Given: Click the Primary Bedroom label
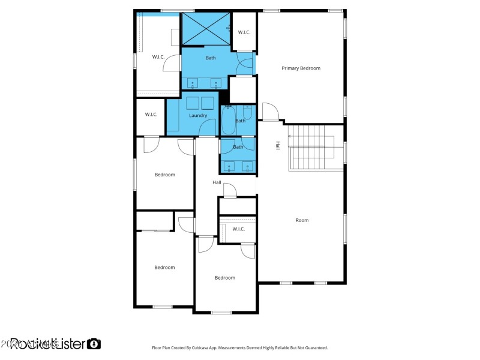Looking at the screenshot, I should tap(301, 68).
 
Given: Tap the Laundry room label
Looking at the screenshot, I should tap(198, 116).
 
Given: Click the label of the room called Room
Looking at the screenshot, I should tap(302, 220).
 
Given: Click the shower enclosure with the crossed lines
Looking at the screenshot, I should tap(206, 28).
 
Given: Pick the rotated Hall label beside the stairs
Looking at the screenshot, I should tap(278, 146).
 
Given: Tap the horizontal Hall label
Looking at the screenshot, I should tap(217, 182).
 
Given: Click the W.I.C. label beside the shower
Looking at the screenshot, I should tap(244, 32).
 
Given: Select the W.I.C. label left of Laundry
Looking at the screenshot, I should tap(151, 115).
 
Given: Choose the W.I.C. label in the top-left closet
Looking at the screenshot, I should tap(158, 57).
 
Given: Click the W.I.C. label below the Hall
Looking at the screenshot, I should tap(238, 229).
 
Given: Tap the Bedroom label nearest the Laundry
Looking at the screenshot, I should tap(164, 175).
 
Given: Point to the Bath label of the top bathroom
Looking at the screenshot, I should tap(211, 58).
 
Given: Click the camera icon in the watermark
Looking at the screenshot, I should tap(94, 344).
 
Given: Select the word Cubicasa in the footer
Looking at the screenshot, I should tap(220, 347).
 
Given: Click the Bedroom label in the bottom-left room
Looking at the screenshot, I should tap(164, 268).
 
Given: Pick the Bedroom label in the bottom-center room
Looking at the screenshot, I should tap(225, 278).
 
